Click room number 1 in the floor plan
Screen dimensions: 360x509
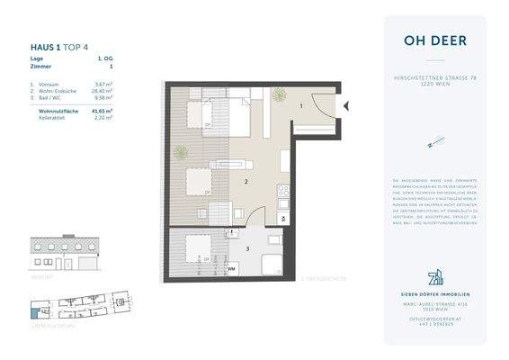(301, 106)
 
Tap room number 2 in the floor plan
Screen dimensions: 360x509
(246, 182)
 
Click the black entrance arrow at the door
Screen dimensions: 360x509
(345, 106)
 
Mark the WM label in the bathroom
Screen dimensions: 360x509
(231, 268)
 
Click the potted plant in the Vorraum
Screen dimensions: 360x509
(280, 92)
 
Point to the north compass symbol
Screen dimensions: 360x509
(433, 141)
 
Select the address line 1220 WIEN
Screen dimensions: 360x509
(434, 86)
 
